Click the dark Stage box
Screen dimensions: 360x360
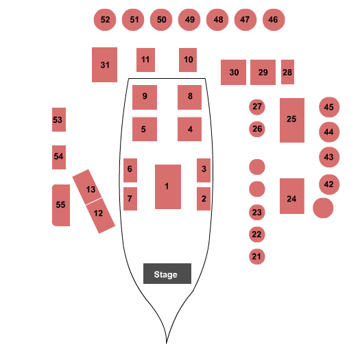(x=167, y=274)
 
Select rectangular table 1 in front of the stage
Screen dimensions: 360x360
(x=168, y=187)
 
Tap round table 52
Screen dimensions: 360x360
(x=105, y=20)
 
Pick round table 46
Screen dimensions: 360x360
(x=274, y=20)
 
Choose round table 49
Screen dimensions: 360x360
(x=189, y=20)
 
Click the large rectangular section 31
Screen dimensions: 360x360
(x=104, y=64)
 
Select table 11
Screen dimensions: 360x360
(x=145, y=60)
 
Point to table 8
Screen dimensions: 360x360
(x=189, y=97)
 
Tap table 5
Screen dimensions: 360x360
(x=145, y=129)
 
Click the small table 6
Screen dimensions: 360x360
(x=130, y=170)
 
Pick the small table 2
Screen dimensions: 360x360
(x=204, y=199)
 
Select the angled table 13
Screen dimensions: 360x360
(x=87, y=187)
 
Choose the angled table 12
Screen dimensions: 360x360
(x=101, y=216)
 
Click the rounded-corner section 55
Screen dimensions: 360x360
(x=61, y=205)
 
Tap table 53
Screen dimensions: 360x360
(x=59, y=119)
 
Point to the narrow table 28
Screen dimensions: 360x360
(x=287, y=72)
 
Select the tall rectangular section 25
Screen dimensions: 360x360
(x=292, y=120)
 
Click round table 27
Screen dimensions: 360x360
(x=257, y=107)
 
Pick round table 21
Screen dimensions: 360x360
(x=257, y=256)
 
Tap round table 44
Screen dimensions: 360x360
(x=329, y=132)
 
